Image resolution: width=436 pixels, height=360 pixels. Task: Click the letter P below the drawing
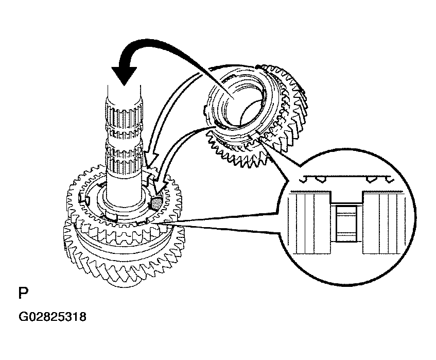pos(23,293)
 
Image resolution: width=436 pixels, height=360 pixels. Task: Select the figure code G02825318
pos(53,317)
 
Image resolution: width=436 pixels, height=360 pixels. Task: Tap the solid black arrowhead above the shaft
pos(124,76)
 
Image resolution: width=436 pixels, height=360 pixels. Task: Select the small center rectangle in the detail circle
pos(346,223)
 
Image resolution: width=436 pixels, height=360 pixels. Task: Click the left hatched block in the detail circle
pos(309,222)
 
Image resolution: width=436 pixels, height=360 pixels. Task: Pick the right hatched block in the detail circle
pos(383,222)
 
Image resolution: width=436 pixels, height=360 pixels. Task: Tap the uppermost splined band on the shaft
pos(124,115)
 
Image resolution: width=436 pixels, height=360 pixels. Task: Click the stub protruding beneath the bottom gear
pos(124,282)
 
